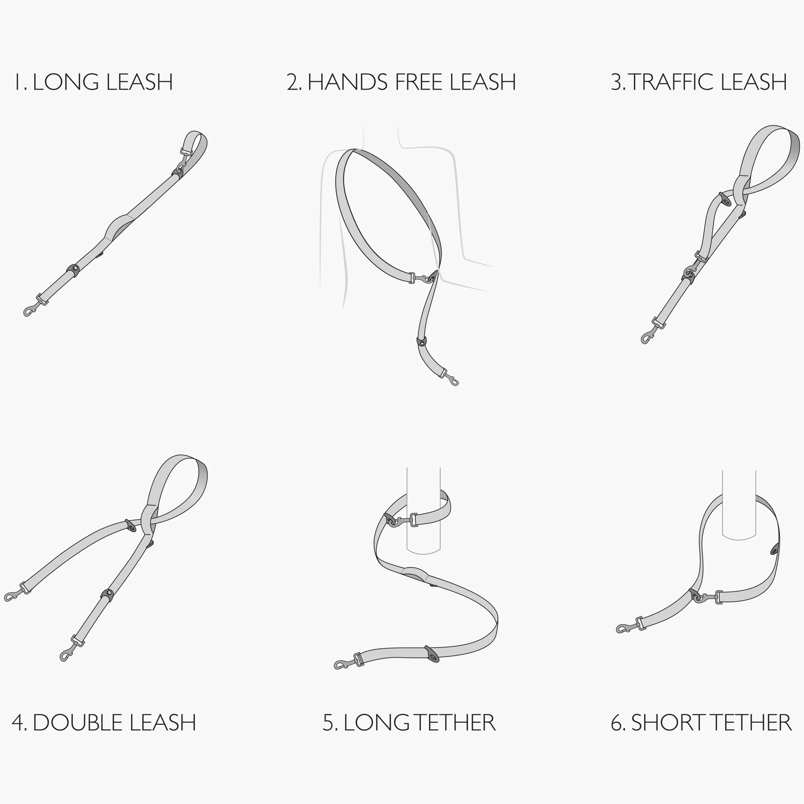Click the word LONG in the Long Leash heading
(x=66, y=82)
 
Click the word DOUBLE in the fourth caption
(x=78, y=723)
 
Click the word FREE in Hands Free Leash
(x=419, y=82)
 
